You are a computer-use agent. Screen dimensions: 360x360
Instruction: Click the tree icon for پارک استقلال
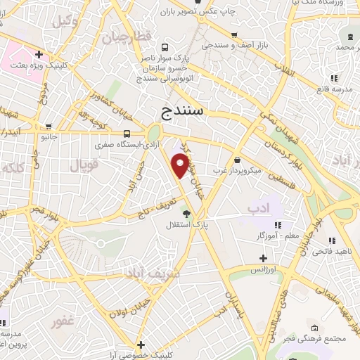pos(186,214)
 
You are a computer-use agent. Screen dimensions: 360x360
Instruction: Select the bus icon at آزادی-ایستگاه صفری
pos(127,134)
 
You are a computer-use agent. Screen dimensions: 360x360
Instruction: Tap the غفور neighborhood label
pos(64,322)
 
